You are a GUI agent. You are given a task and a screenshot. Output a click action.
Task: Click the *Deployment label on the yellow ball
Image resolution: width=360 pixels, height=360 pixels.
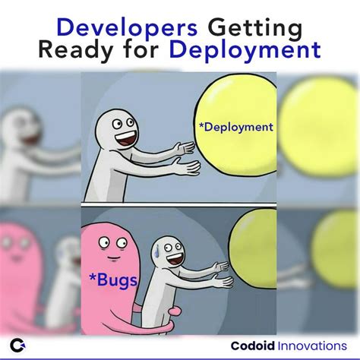[235, 127]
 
